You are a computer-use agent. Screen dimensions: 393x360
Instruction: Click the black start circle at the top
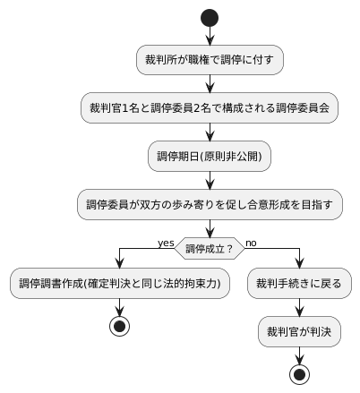click(x=210, y=17)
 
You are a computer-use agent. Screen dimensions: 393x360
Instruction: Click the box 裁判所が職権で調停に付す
click(x=210, y=60)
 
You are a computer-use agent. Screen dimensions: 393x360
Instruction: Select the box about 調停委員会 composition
click(x=210, y=107)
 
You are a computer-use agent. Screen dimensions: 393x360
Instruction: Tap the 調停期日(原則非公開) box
click(x=210, y=156)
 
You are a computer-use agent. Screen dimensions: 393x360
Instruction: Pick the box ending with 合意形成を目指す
click(x=210, y=204)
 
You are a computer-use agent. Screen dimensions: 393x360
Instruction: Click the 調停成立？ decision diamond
click(x=210, y=247)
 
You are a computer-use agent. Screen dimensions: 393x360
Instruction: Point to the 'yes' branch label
click(x=166, y=242)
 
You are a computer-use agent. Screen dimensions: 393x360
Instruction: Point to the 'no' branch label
click(x=251, y=242)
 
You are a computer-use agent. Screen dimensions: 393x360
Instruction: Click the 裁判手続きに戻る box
click(x=299, y=284)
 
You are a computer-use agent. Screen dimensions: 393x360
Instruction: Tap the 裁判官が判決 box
click(x=299, y=332)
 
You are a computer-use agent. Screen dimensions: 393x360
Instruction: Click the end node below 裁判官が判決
click(x=299, y=373)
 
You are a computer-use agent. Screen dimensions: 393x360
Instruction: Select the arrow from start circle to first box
click(x=210, y=35)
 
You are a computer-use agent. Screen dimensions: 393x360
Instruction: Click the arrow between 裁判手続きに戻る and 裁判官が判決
click(x=299, y=308)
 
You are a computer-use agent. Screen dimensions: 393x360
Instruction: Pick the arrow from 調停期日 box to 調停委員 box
click(x=210, y=180)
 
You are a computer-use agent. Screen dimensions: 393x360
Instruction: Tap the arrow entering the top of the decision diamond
click(x=210, y=228)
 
